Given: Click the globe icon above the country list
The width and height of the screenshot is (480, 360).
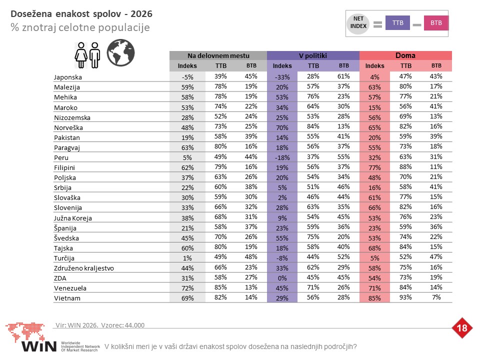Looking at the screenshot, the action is pos(120,52).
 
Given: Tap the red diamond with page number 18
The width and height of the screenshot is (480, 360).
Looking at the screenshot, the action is pos(461,328).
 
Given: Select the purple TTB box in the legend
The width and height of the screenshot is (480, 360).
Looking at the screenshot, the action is pos(397,23).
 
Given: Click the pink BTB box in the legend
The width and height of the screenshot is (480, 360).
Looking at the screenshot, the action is pos(436,23).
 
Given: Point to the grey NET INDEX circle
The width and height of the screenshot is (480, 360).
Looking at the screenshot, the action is pos(358,23).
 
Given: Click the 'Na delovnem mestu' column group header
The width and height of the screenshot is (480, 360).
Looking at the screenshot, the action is pos(218,55).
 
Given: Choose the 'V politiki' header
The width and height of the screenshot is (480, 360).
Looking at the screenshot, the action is pos(313,55).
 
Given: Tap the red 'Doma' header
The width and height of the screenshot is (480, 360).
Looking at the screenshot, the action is pos(405,55).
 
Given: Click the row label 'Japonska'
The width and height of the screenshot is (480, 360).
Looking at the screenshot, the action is pos(67,77).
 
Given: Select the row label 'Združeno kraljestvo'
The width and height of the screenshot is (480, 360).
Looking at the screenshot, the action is pos(84,268).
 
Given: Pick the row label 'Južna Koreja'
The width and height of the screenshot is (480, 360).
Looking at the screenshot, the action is pos(73,218).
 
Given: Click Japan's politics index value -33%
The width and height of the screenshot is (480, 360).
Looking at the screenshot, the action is pos(282,77).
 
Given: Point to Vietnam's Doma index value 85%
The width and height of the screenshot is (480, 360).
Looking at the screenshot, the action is pos(374,298).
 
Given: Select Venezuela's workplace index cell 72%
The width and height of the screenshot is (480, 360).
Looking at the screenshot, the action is pos(187,288).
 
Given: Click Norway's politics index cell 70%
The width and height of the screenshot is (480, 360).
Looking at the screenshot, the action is pos(282,127).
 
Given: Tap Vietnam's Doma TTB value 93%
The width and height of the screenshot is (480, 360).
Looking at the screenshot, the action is pos(405,297).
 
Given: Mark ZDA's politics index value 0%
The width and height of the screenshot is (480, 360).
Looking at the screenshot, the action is pos(282,278).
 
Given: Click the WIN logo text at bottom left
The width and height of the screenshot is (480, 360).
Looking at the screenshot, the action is pos(39,346).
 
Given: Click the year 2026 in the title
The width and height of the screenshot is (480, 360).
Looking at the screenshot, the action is pos(141,14).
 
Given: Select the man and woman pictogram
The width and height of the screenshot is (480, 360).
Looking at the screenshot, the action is pos(87,55).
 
